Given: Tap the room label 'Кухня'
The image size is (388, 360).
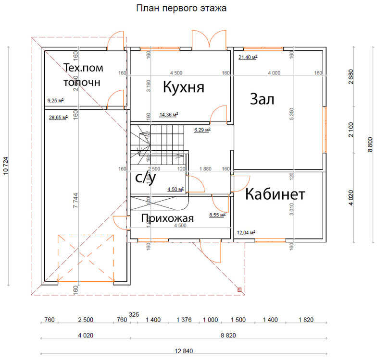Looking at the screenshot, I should [x=184, y=87].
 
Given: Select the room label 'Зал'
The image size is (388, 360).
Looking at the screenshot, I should [x=262, y=99].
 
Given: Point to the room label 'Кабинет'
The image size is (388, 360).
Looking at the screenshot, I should [x=275, y=194].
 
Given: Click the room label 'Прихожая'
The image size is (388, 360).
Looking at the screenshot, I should [x=167, y=219].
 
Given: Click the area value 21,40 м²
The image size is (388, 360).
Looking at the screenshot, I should [x=248, y=57].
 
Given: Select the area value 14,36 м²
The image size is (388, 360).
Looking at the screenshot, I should [x=169, y=115].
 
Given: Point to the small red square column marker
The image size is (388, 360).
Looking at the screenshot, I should [x=239, y=289].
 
